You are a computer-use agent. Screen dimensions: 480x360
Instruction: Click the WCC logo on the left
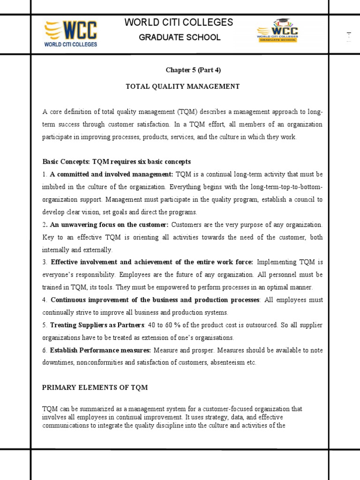(70, 34)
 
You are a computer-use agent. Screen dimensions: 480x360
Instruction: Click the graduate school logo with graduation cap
(277, 32)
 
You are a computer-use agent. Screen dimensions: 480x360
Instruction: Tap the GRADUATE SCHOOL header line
(180, 37)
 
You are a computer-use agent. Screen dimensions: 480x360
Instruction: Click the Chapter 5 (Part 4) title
(193, 70)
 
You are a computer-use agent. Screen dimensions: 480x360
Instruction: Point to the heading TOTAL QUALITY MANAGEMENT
(183, 87)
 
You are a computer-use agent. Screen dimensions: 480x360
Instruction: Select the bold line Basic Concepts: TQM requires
(117, 162)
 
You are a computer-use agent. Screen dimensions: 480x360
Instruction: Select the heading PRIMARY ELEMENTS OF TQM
(95, 388)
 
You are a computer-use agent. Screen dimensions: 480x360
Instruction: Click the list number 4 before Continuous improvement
(44, 300)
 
